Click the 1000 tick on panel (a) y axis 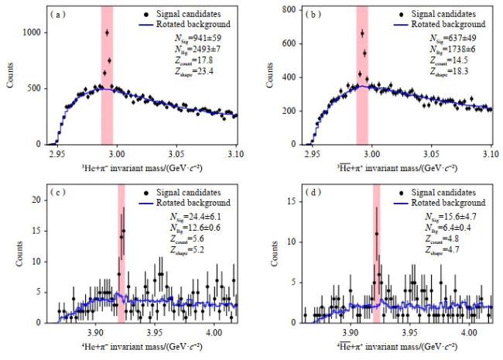coord(32,33)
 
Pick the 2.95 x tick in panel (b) coord(313,155)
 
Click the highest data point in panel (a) coord(107,33)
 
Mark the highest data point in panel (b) coord(362,33)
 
